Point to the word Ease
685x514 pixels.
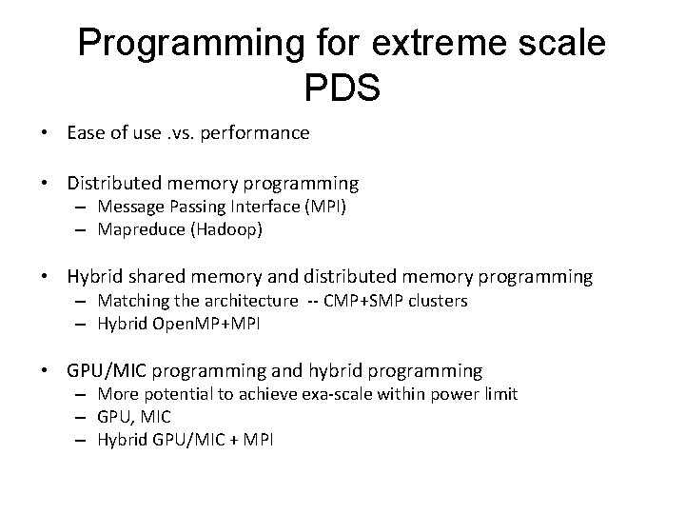click(x=87, y=133)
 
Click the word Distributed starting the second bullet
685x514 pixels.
click(x=118, y=182)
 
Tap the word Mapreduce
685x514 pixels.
click(x=137, y=229)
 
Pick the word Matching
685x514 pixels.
click(x=131, y=301)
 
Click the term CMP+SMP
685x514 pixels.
click(x=362, y=301)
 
